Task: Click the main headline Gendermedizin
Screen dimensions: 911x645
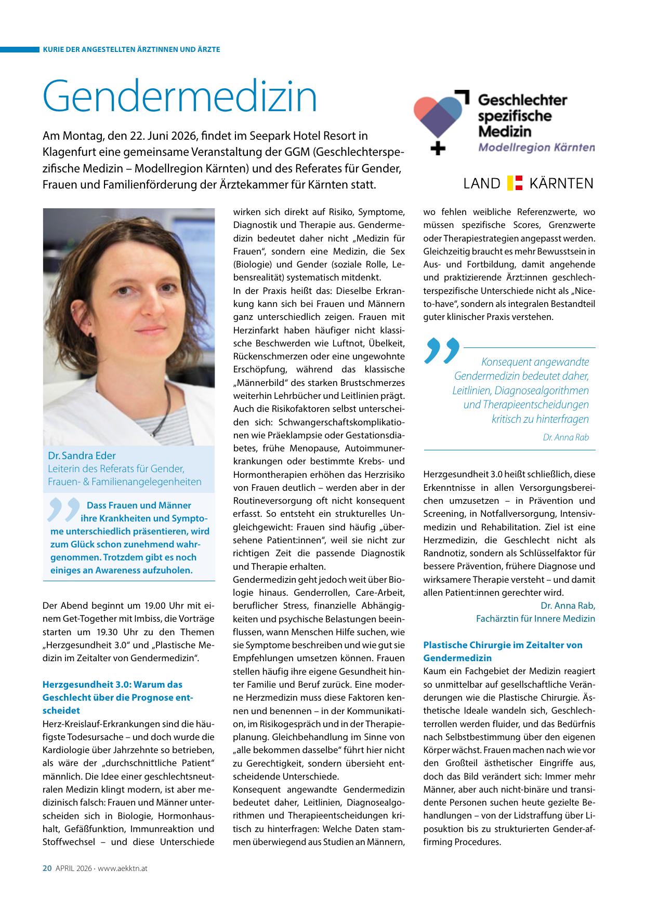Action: click(180, 97)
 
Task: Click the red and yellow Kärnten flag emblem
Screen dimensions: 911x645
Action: click(515, 183)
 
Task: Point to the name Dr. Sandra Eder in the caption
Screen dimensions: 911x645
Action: click(82, 456)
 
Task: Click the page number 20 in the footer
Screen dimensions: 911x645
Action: click(47, 868)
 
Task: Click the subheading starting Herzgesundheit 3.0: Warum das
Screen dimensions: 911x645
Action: click(112, 685)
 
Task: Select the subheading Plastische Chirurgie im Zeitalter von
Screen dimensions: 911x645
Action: click(503, 645)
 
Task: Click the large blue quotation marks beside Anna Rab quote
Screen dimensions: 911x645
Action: click(442, 350)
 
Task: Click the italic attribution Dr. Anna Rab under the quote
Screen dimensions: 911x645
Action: click(565, 437)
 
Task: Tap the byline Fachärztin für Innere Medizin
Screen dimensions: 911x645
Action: click(535, 619)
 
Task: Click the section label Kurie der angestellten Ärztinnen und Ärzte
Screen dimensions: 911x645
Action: click(131, 49)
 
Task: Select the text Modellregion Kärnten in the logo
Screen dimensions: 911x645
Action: click(536, 147)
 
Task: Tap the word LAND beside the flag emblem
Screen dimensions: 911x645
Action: click(481, 183)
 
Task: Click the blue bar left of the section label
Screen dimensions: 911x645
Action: click(20, 49)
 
